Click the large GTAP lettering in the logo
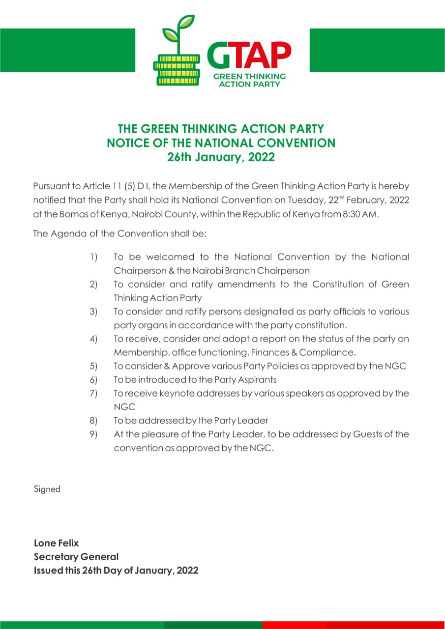(249, 55)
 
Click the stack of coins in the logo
(177, 69)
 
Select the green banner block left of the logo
(67, 50)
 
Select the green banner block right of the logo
(377, 50)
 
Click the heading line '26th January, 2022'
(221, 158)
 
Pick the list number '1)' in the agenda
(93, 257)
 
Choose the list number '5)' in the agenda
(93, 366)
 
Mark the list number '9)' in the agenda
(93, 434)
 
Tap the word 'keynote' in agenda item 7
(178, 394)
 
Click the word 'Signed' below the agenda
(47, 489)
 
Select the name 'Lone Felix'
(56, 543)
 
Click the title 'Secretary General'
(76, 557)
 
